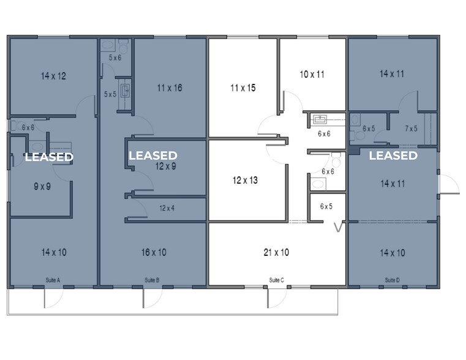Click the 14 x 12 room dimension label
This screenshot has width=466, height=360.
[x=53, y=77]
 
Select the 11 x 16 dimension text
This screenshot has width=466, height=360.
[x=170, y=88]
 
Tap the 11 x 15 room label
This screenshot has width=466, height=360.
[x=242, y=88]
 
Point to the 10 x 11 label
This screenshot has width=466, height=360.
[x=312, y=74]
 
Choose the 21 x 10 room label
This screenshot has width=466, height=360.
[x=276, y=252]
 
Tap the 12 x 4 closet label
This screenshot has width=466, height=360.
[x=167, y=208]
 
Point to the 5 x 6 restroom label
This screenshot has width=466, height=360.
[x=115, y=58]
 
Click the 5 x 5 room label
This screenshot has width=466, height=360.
[x=110, y=94]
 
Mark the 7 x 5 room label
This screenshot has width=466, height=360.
[x=411, y=129]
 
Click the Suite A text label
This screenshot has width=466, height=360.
[x=53, y=280]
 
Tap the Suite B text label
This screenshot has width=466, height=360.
[x=152, y=280]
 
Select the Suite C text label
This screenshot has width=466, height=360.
[x=277, y=280]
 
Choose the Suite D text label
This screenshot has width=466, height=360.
[x=392, y=280]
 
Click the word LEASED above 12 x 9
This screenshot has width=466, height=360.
[x=153, y=156]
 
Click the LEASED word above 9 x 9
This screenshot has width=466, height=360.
[x=49, y=157]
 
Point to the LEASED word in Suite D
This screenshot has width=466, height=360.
[x=393, y=156]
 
